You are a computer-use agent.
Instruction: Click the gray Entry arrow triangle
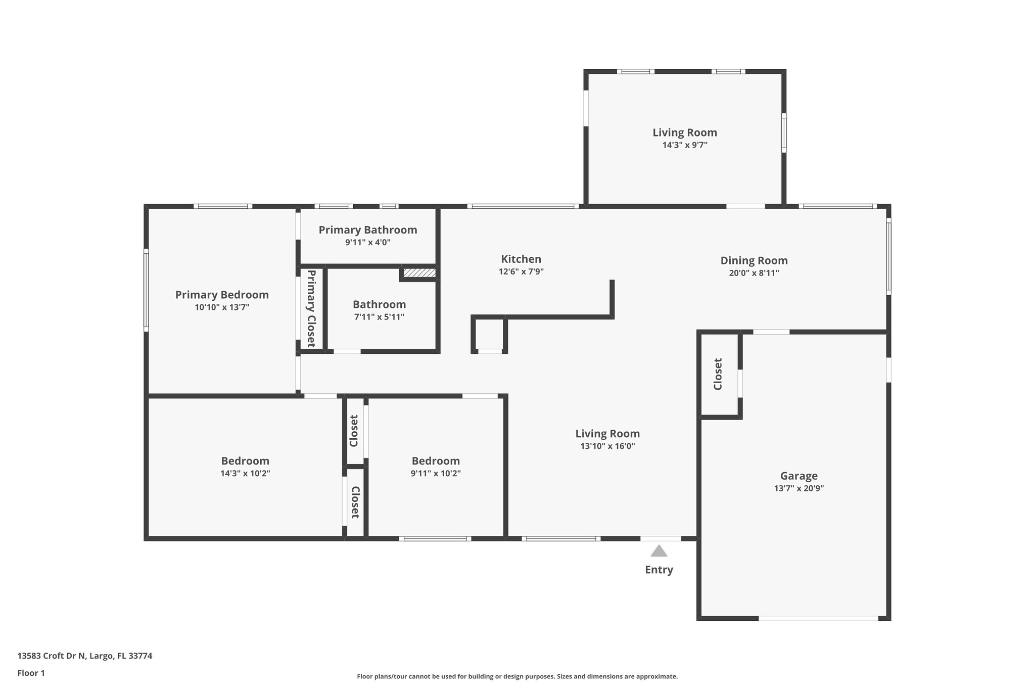point(658,551)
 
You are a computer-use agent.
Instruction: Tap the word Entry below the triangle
point(658,570)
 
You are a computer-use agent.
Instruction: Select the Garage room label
point(798,476)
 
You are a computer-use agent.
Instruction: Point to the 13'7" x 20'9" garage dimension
point(798,488)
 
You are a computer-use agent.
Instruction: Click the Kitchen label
point(521,259)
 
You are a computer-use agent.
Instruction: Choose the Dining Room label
point(754,260)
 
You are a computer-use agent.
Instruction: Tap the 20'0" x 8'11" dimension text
point(754,273)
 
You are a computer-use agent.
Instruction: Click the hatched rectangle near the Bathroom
point(419,273)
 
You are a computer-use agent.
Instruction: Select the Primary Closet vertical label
point(311,308)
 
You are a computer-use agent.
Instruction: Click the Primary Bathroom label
point(367,230)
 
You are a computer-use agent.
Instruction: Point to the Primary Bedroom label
point(222,295)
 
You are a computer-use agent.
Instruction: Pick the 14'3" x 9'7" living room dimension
point(684,145)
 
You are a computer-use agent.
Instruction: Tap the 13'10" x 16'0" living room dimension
point(607,446)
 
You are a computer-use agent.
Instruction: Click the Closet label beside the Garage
point(718,374)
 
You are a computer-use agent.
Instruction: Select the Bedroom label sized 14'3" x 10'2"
point(245,461)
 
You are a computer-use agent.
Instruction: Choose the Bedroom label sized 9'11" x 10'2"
point(436,461)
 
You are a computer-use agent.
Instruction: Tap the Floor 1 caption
point(31,673)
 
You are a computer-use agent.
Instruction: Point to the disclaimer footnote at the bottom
point(517,676)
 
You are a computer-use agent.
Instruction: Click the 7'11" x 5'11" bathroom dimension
point(379,317)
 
